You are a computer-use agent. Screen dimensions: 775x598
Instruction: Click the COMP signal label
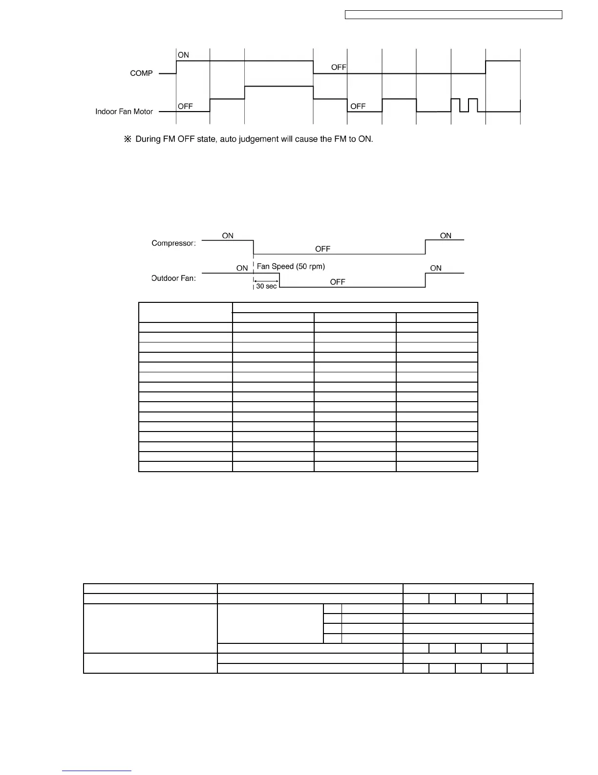click(141, 73)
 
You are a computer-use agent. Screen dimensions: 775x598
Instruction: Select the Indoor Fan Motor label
click(124, 112)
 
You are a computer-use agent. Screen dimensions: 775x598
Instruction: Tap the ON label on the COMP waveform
click(183, 55)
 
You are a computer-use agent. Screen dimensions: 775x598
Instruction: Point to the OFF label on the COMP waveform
click(339, 68)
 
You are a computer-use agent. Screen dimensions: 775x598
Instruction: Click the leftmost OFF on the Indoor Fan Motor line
click(185, 106)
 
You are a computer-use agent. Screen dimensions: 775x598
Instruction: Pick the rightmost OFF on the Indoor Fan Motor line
click(358, 106)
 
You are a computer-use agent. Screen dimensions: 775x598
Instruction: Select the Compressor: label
click(173, 243)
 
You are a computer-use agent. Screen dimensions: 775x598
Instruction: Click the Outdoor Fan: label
click(173, 278)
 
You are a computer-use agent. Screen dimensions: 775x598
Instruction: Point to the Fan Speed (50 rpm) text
click(291, 267)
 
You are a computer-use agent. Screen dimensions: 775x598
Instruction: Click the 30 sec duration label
click(266, 286)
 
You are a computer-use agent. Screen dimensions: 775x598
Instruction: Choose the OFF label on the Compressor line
click(322, 249)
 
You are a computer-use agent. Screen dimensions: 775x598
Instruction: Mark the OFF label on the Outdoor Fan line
click(338, 282)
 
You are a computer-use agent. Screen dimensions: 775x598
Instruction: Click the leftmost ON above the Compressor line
click(228, 236)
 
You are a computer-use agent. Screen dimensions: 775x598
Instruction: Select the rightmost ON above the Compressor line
click(446, 236)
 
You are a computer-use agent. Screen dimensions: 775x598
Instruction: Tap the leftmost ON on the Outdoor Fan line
click(242, 268)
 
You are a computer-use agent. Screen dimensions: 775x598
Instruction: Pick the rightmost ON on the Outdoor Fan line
click(436, 268)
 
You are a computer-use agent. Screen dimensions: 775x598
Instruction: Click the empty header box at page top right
click(453, 15)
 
